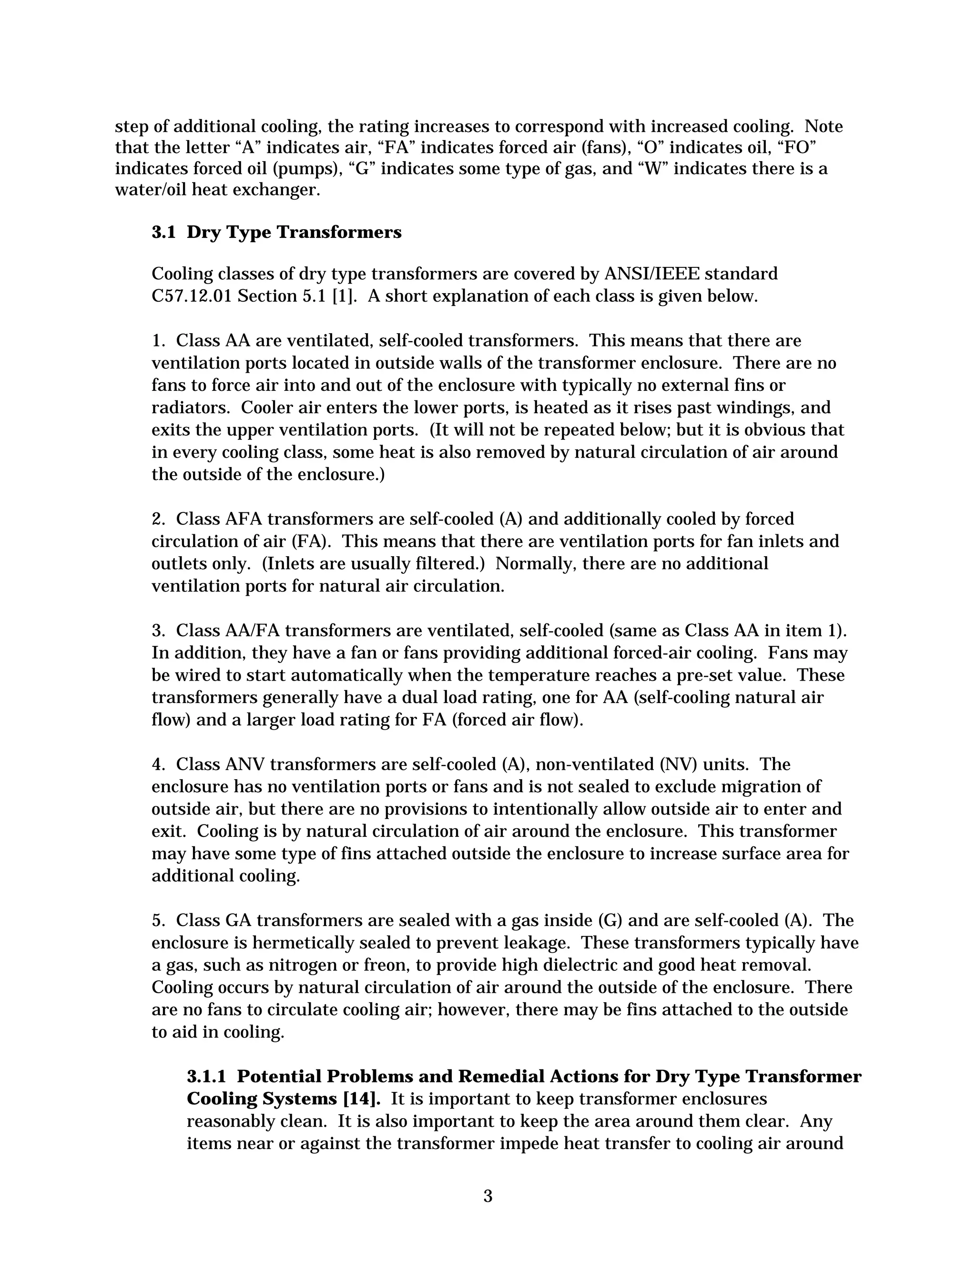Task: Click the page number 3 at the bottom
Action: [488, 1196]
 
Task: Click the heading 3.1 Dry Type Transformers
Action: [276, 233]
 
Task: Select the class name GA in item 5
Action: [241, 921]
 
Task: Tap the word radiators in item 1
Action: [191, 407]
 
